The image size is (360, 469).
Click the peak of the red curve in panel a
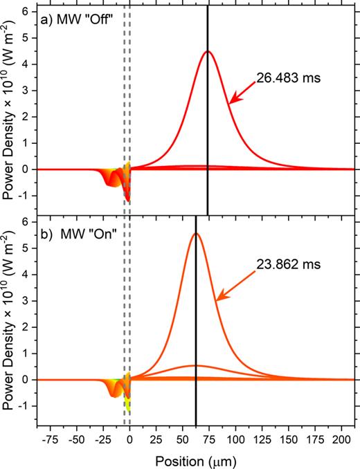click(x=207, y=51)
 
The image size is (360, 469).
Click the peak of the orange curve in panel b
click(x=196, y=233)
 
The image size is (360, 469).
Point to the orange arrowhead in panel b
click(x=219, y=297)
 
